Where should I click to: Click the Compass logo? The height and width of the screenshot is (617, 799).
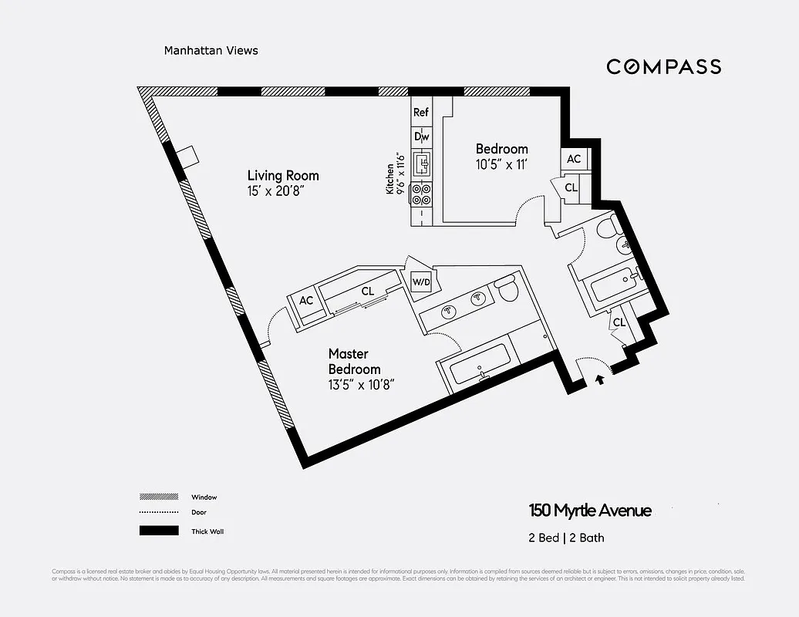(663, 66)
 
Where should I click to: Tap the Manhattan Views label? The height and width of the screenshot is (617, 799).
(211, 51)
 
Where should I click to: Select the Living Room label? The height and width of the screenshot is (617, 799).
(282, 176)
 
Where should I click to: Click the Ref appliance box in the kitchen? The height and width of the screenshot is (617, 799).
(420, 113)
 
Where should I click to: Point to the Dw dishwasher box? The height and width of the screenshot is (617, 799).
(421, 137)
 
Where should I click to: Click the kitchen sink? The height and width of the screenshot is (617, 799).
(422, 164)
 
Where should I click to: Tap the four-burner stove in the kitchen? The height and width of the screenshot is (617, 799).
(421, 194)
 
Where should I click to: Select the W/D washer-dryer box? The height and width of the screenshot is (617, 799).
(421, 281)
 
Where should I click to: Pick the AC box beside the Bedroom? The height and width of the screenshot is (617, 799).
(573, 159)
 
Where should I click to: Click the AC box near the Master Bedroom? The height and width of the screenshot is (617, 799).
(306, 301)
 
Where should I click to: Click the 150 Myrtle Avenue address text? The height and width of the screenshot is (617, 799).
(590, 511)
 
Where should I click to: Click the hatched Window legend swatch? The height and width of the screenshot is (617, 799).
(158, 497)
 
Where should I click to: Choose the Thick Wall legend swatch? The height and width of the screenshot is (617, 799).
(158, 531)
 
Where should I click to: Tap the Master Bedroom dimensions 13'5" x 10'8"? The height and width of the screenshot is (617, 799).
(362, 383)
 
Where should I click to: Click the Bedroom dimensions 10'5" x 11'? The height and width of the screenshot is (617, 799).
(501, 164)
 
